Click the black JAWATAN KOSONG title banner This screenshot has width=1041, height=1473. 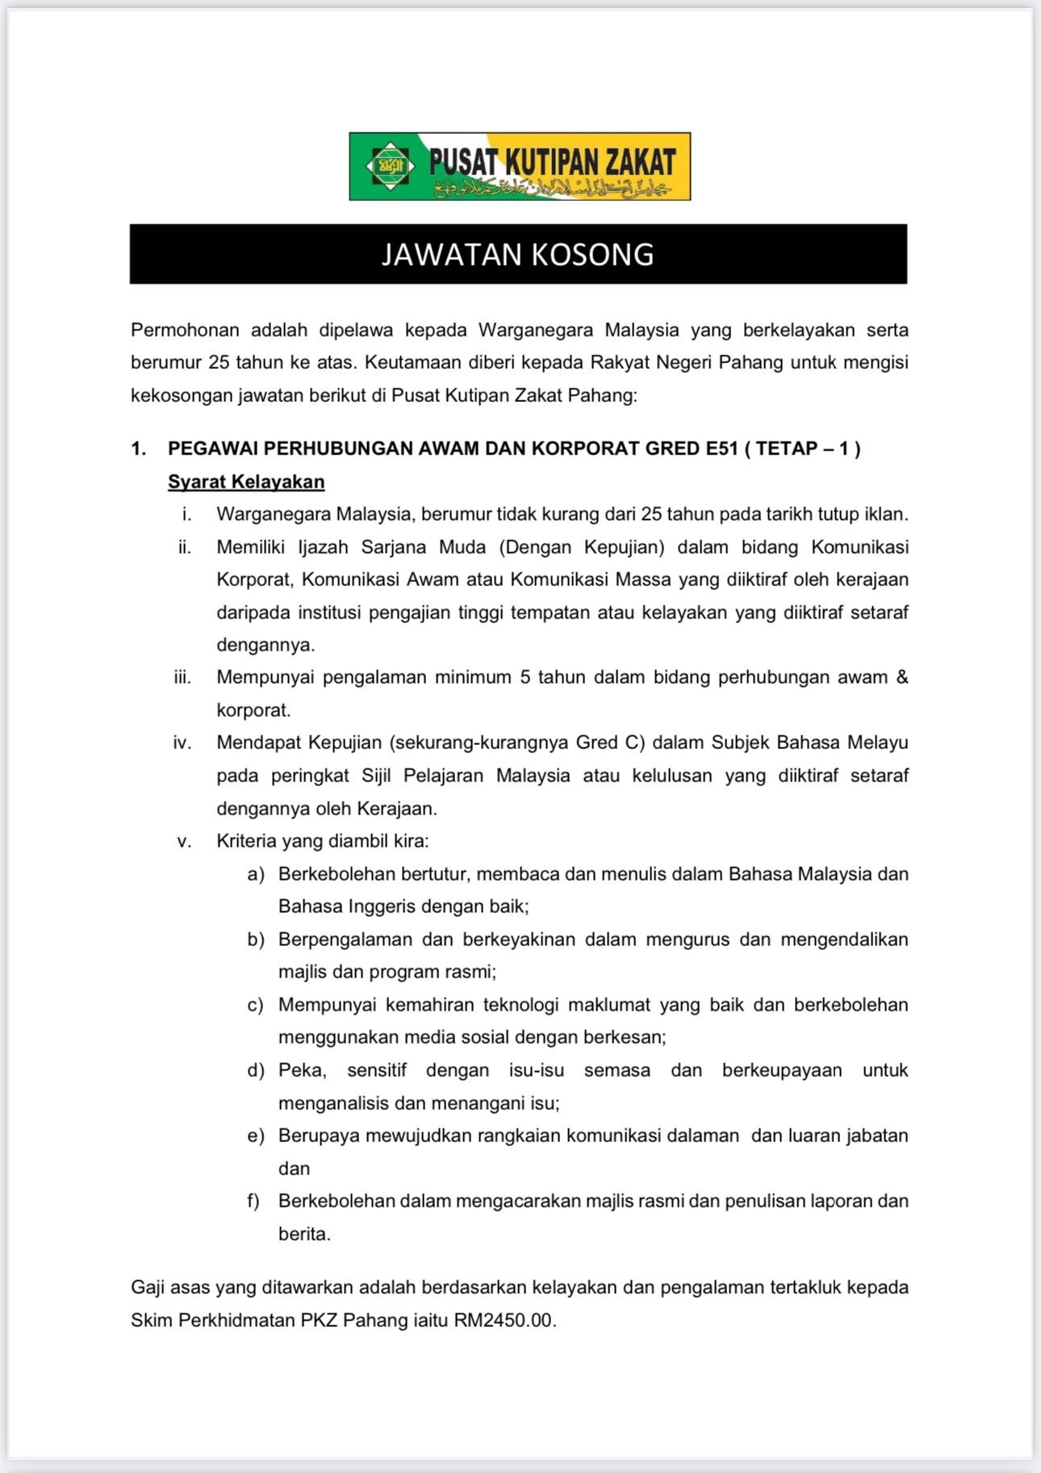tap(518, 254)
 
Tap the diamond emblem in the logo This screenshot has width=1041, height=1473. tap(391, 165)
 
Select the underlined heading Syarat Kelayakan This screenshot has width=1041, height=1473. tap(246, 482)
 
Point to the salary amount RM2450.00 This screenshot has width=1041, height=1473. tap(504, 1321)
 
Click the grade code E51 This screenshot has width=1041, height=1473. tap(721, 449)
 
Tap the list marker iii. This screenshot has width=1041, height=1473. tap(182, 677)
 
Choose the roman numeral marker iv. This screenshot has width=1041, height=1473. tap(182, 743)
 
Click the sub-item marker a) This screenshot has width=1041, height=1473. tap(256, 874)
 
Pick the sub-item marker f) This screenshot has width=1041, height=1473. tap(254, 1201)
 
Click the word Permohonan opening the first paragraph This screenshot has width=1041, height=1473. tap(185, 330)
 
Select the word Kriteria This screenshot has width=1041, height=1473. tap(246, 841)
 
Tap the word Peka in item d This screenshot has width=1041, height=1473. tap(301, 1070)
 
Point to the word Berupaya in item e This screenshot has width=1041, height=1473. tap(318, 1136)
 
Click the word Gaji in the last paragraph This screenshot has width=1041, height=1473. tap(148, 1287)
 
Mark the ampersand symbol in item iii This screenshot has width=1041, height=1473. tap(901, 677)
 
